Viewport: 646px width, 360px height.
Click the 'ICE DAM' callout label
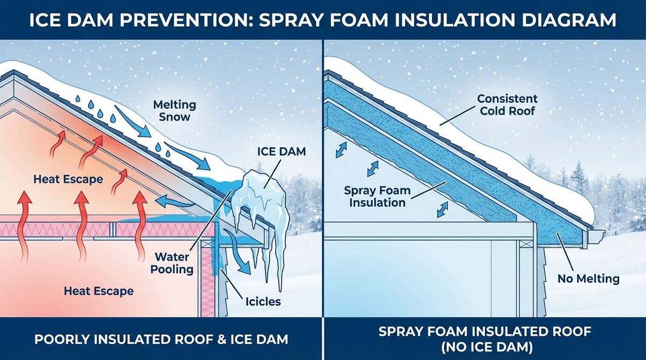click(x=278, y=152)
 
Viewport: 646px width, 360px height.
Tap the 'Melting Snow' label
click(x=174, y=110)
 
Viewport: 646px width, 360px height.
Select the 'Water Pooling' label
click(x=173, y=263)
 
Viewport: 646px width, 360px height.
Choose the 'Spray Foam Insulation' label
click(x=377, y=196)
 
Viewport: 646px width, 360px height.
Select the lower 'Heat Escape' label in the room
click(x=99, y=292)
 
